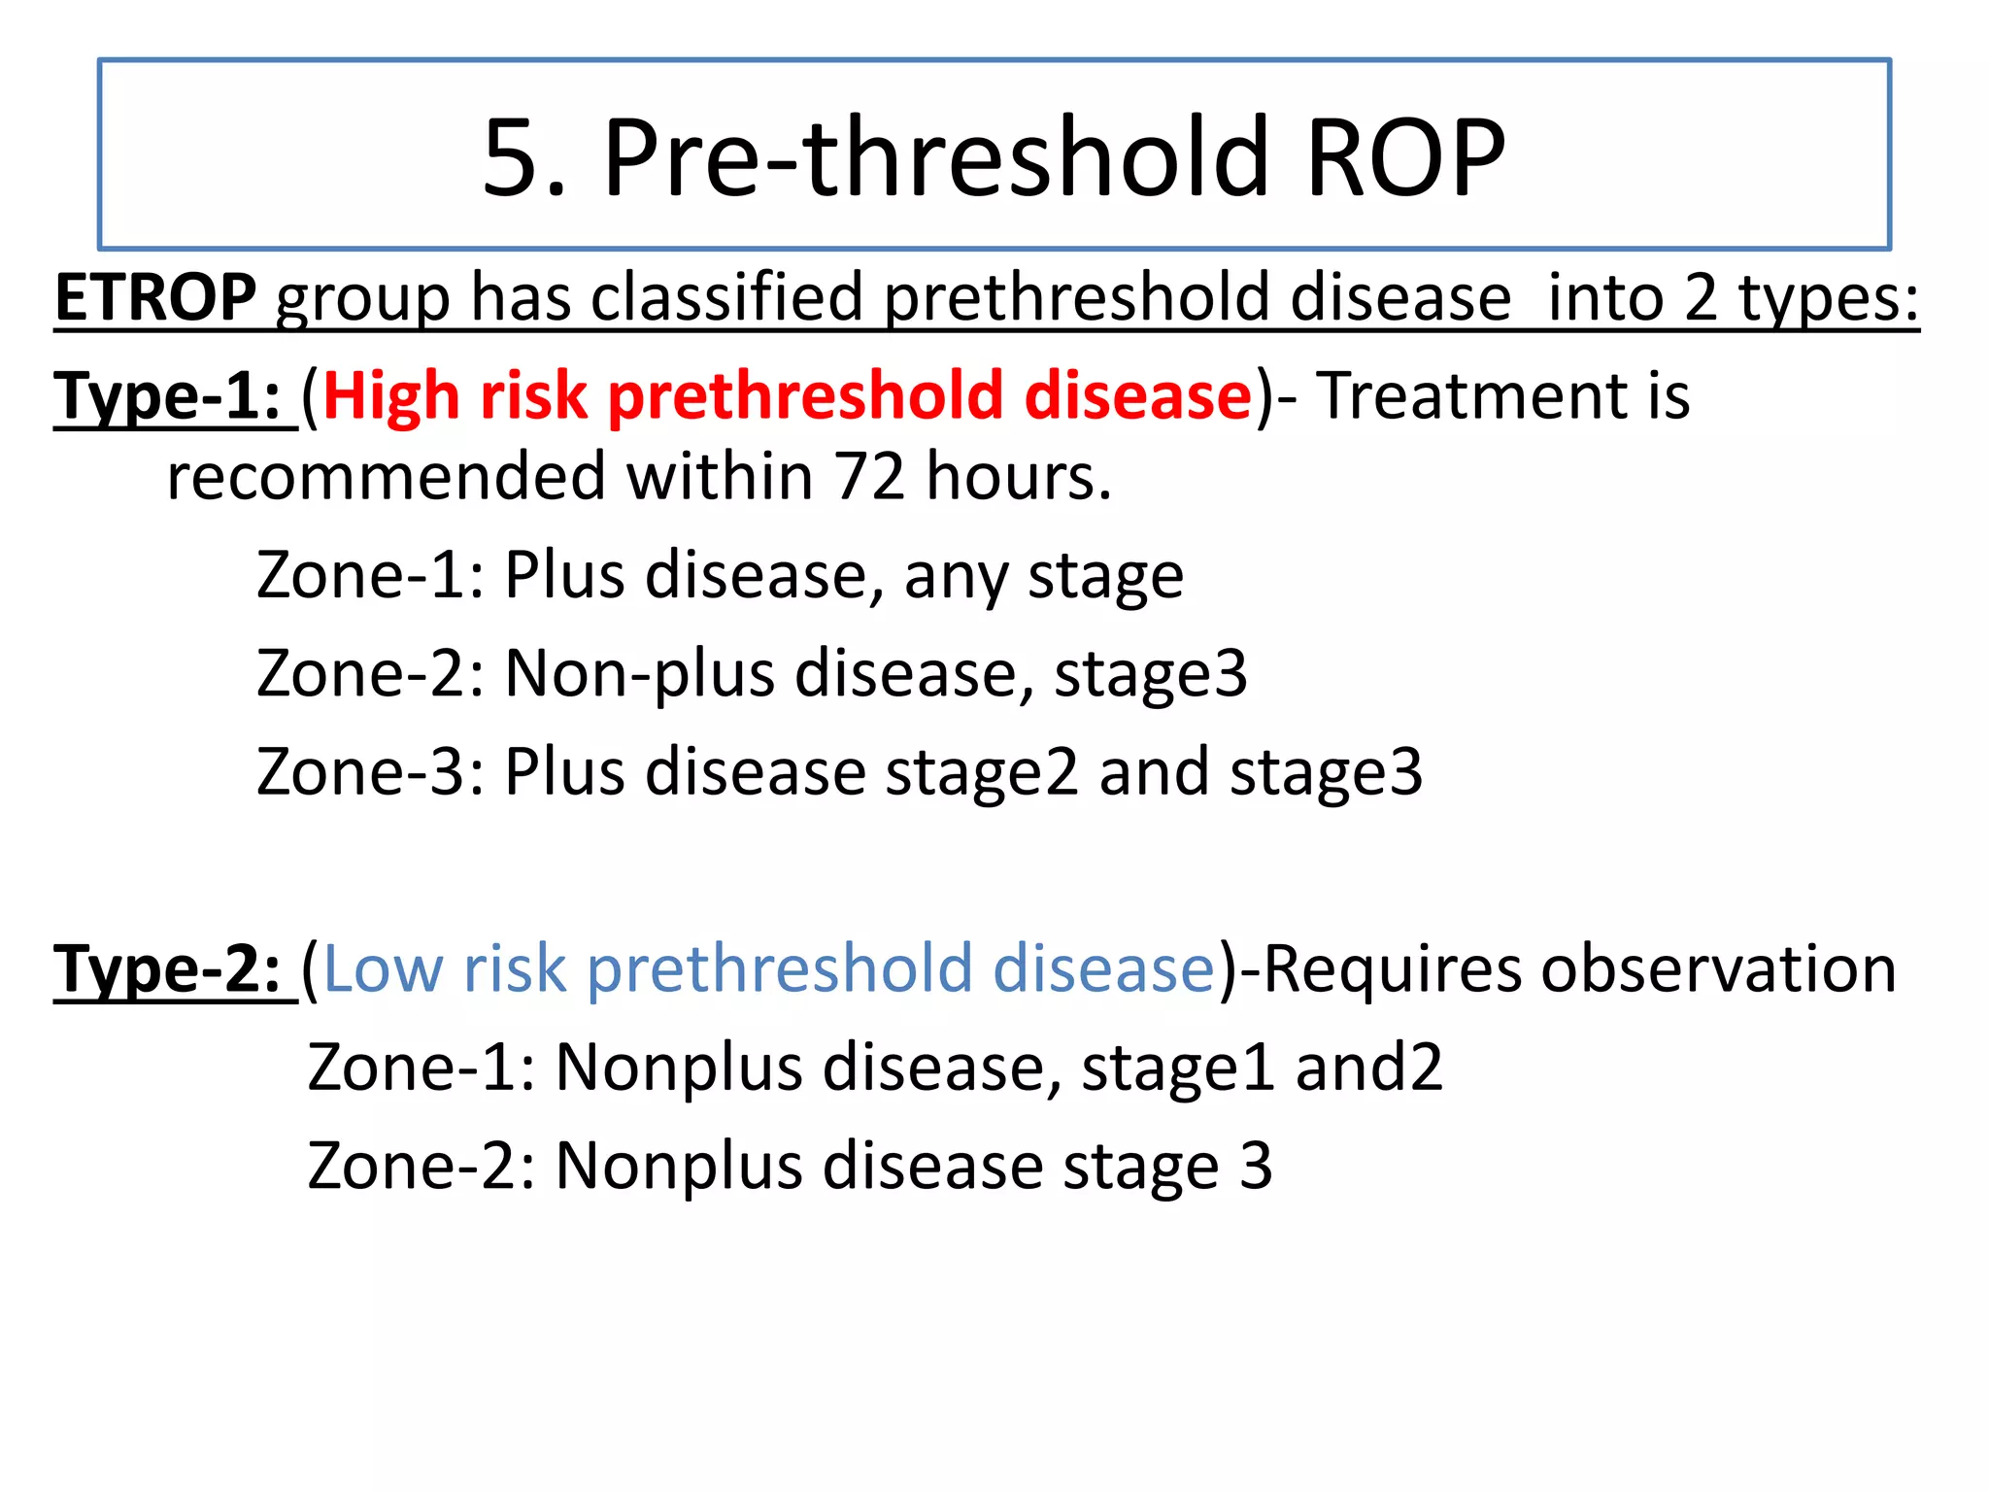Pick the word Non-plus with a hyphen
639,673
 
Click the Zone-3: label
370,772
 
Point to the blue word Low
383,969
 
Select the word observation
1718,969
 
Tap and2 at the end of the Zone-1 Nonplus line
1368,1068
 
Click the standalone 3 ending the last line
1256,1166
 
